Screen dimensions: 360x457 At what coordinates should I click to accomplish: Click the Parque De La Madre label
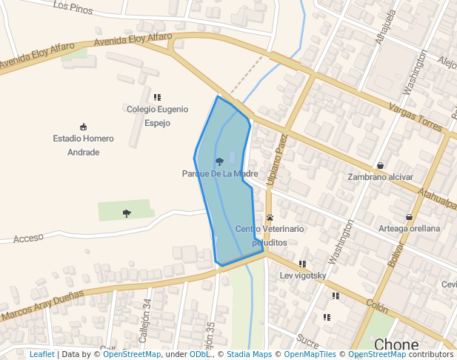pos(219,174)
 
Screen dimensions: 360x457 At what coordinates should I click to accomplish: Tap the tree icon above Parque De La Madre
pos(219,161)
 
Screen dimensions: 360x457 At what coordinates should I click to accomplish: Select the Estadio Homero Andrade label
pos(83,145)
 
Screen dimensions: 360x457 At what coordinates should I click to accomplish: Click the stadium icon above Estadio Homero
pos(83,127)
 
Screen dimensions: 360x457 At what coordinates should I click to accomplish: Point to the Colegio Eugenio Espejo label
pos(157,116)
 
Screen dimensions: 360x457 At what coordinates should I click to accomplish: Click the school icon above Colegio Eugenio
pos(157,97)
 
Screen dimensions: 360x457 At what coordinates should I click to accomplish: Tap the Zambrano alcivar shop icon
pos(381,165)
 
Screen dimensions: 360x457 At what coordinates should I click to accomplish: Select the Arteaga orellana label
pos(410,229)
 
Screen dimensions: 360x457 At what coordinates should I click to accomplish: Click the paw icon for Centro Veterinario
pos(270,217)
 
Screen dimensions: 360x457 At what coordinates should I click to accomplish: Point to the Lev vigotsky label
pos(303,276)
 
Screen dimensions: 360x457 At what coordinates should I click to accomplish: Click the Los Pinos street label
pos(73,8)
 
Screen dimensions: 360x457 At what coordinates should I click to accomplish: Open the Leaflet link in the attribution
pos(42,355)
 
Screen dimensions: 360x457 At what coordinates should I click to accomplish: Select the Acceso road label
pos(29,237)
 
